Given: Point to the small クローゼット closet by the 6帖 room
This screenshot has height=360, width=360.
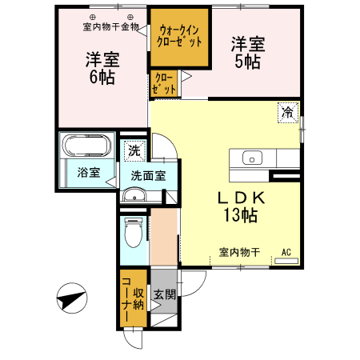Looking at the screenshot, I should pos(163,84).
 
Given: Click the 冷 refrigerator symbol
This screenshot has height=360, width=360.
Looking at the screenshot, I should pos(287,114).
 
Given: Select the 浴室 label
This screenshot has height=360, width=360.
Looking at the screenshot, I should pos(89,172).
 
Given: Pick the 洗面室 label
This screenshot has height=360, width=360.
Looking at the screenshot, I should pos(148,176).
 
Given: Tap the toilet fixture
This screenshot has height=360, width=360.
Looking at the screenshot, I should pos(133,232).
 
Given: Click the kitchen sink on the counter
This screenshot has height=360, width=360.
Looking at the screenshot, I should pos(253,158).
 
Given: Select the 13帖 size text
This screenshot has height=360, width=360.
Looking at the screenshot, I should pos(240,215).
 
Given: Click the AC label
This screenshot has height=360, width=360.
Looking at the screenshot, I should pos(286,253).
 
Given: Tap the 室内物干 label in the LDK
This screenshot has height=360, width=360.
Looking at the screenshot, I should pos(239,253).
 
